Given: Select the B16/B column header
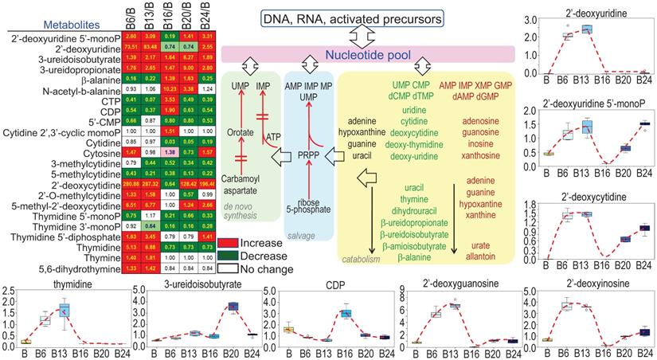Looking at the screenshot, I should coord(169,17).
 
